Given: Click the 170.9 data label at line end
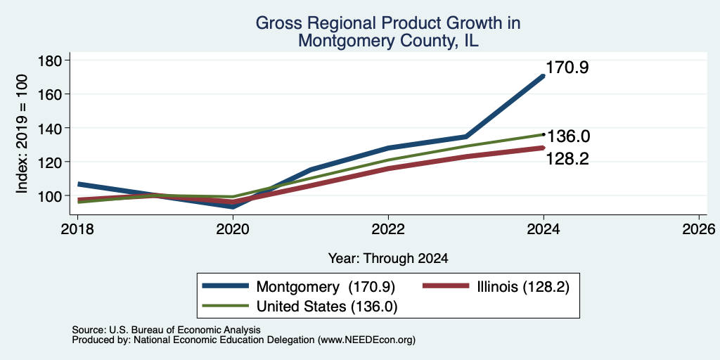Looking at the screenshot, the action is click(567, 68).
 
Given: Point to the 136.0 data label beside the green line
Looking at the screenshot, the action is click(568, 136).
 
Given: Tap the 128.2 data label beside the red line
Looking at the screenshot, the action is click(567, 159).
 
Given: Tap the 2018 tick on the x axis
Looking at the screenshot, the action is click(77, 229).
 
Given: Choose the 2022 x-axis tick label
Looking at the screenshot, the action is click(388, 229).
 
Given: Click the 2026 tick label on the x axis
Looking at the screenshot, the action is click(699, 229).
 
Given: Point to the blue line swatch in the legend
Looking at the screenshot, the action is click(226, 286).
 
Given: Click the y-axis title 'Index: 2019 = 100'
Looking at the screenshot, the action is click(22, 134).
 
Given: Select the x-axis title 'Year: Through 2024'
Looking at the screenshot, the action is click(388, 259).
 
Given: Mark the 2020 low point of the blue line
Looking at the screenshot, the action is click(233, 207).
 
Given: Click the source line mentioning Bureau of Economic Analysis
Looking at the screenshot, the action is click(166, 330).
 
